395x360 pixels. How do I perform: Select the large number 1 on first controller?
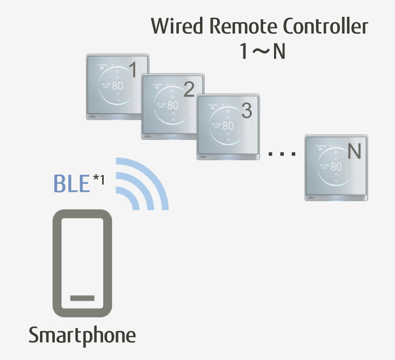[x=132, y=71]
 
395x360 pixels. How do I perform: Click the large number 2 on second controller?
[x=188, y=90]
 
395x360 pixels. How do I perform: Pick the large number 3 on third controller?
[x=246, y=111]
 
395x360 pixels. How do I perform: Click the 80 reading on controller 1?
[x=118, y=85]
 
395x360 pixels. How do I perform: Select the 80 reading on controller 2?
[x=172, y=105]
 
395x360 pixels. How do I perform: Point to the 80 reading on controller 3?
[x=228, y=126]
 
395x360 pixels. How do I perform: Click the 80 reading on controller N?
[x=336, y=167]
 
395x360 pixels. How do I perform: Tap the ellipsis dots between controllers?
[x=282, y=154]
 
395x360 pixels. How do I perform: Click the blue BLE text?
[x=71, y=184]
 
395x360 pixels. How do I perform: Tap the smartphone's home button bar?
[x=82, y=298]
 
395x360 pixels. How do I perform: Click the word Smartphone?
[x=82, y=336]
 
